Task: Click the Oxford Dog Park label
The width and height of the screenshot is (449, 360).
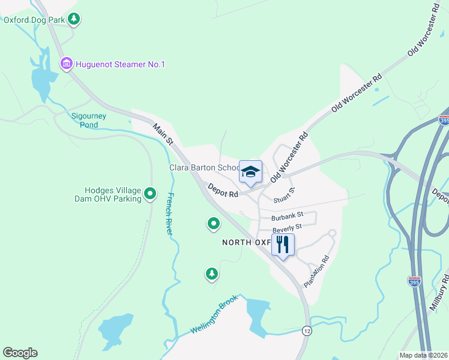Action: pos(33,19)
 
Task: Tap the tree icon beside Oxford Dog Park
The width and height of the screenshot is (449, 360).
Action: pos(74,19)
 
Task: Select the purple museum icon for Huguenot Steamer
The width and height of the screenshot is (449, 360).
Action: pos(66,64)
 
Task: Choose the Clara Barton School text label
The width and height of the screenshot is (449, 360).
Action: pos(204,168)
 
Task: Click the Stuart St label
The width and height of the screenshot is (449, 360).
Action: pos(284,196)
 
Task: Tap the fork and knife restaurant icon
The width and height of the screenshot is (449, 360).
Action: pos(283,244)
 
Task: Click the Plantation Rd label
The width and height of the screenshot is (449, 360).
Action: pos(317,272)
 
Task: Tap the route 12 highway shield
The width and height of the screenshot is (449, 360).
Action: pos(307,331)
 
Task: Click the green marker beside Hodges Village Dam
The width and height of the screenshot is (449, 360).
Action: pos(150,194)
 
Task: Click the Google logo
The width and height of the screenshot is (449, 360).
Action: pos(20,353)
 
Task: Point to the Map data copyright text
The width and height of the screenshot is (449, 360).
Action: pos(423,355)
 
